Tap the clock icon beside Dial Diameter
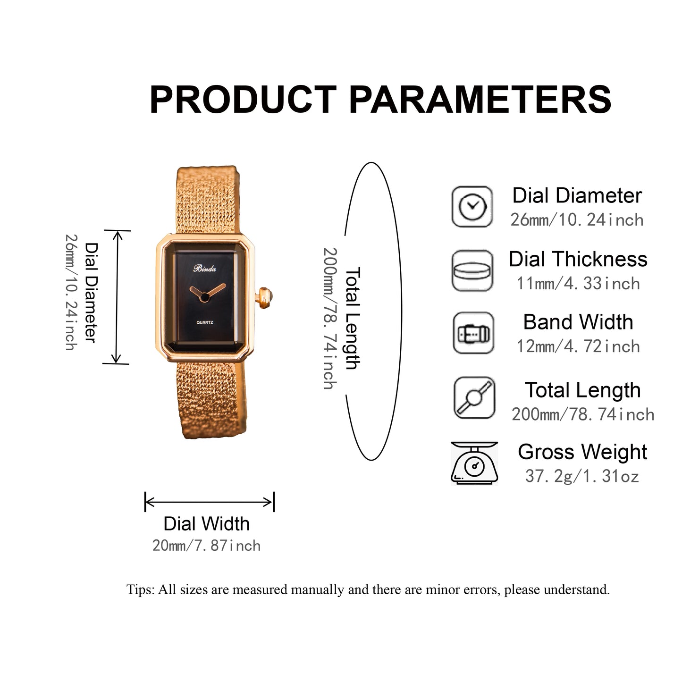pyautogui.click(x=472, y=206)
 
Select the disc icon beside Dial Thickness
pyautogui.click(x=472, y=270)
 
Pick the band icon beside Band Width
pyautogui.click(x=473, y=333)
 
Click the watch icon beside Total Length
pyautogui.click(x=474, y=397)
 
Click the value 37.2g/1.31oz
pyautogui.click(x=582, y=476)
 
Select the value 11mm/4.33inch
pyautogui.click(x=578, y=283)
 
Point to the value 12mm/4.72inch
pyautogui.click(x=578, y=346)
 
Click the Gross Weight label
pyautogui.click(x=582, y=452)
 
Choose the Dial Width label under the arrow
pyautogui.click(x=206, y=524)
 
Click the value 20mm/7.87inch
pyautogui.click(x=206, y=546)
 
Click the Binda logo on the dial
pyautogui.click(x=204, y=269)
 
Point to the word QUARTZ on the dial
pyautogui.click(x=204, y=322)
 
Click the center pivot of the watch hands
pyautogui.click(x=204, y=297)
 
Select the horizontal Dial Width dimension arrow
pyautogui.click(x=209, y=502)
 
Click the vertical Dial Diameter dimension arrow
pyautogui.click(x=117, y=297)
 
